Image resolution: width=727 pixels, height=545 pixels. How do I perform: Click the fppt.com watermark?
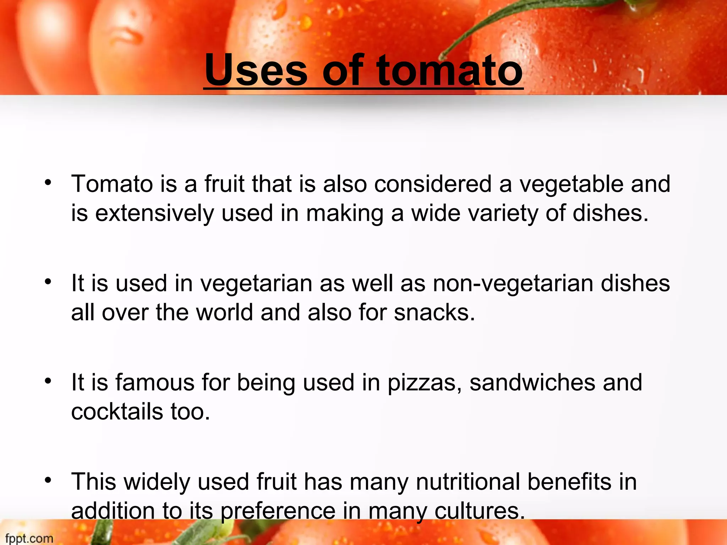(x=29, y=538)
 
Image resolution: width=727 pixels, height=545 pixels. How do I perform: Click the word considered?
(x=433, y=184)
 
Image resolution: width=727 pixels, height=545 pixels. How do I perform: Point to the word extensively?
(x=154, y=213)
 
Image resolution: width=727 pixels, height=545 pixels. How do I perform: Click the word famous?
(x=155, y=382)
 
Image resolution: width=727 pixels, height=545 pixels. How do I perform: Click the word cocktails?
(x=117, y=412)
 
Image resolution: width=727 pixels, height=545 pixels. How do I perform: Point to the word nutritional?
(x=468, y=482)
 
